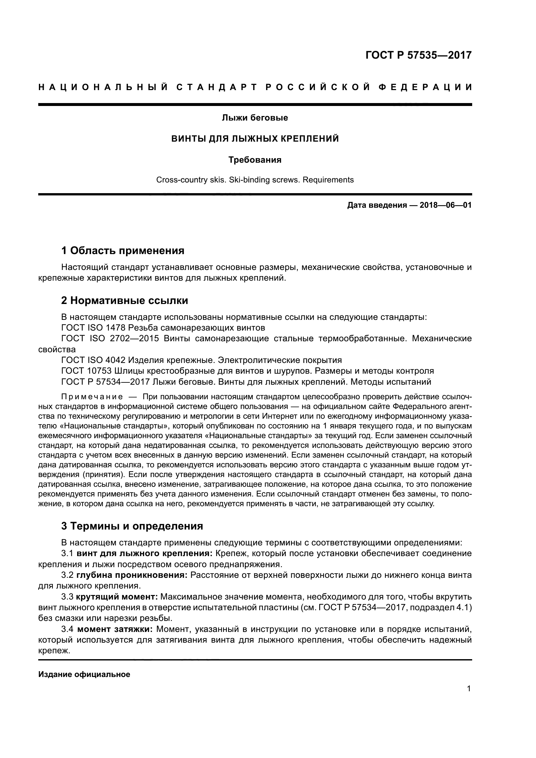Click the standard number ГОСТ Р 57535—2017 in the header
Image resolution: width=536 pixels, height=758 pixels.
coord(418,55)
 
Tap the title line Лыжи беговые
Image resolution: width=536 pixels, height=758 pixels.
coord(255,118)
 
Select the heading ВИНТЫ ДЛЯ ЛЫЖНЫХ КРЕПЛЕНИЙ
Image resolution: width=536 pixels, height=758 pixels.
coord(255,139)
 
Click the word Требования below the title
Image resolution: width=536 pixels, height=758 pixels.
coord(255,160)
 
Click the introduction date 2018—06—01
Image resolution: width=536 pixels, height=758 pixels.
coord(445,205)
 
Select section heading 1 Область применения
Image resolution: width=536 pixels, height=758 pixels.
coord(122,251)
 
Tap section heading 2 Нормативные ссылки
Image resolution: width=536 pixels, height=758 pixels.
coord(124,300)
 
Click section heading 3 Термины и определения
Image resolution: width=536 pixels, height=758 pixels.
coord(132,526)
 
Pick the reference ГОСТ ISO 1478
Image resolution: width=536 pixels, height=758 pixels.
coord(93,328)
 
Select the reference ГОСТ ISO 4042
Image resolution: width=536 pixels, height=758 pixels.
coord(93,360)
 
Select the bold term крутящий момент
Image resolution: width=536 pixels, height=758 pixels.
coord(117,597)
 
